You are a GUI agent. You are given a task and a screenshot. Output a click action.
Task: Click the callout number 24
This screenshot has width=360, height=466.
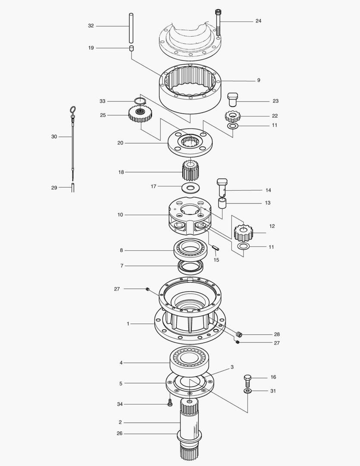258,21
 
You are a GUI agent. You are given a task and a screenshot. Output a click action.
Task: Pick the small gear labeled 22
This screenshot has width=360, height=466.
232,116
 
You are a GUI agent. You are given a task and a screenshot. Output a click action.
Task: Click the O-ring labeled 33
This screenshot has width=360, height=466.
139,101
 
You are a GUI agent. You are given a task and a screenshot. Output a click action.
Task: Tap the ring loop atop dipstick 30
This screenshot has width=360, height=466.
72,110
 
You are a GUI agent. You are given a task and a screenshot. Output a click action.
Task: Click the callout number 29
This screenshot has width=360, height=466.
54,188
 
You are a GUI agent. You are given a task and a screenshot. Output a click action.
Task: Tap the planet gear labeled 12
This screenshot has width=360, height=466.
243,233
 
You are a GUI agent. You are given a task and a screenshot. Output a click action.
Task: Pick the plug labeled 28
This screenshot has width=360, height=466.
240,334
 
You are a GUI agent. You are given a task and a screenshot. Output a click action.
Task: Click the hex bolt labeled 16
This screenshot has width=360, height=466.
247,380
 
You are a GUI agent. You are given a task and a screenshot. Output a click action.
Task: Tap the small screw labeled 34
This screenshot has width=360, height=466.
170,403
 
